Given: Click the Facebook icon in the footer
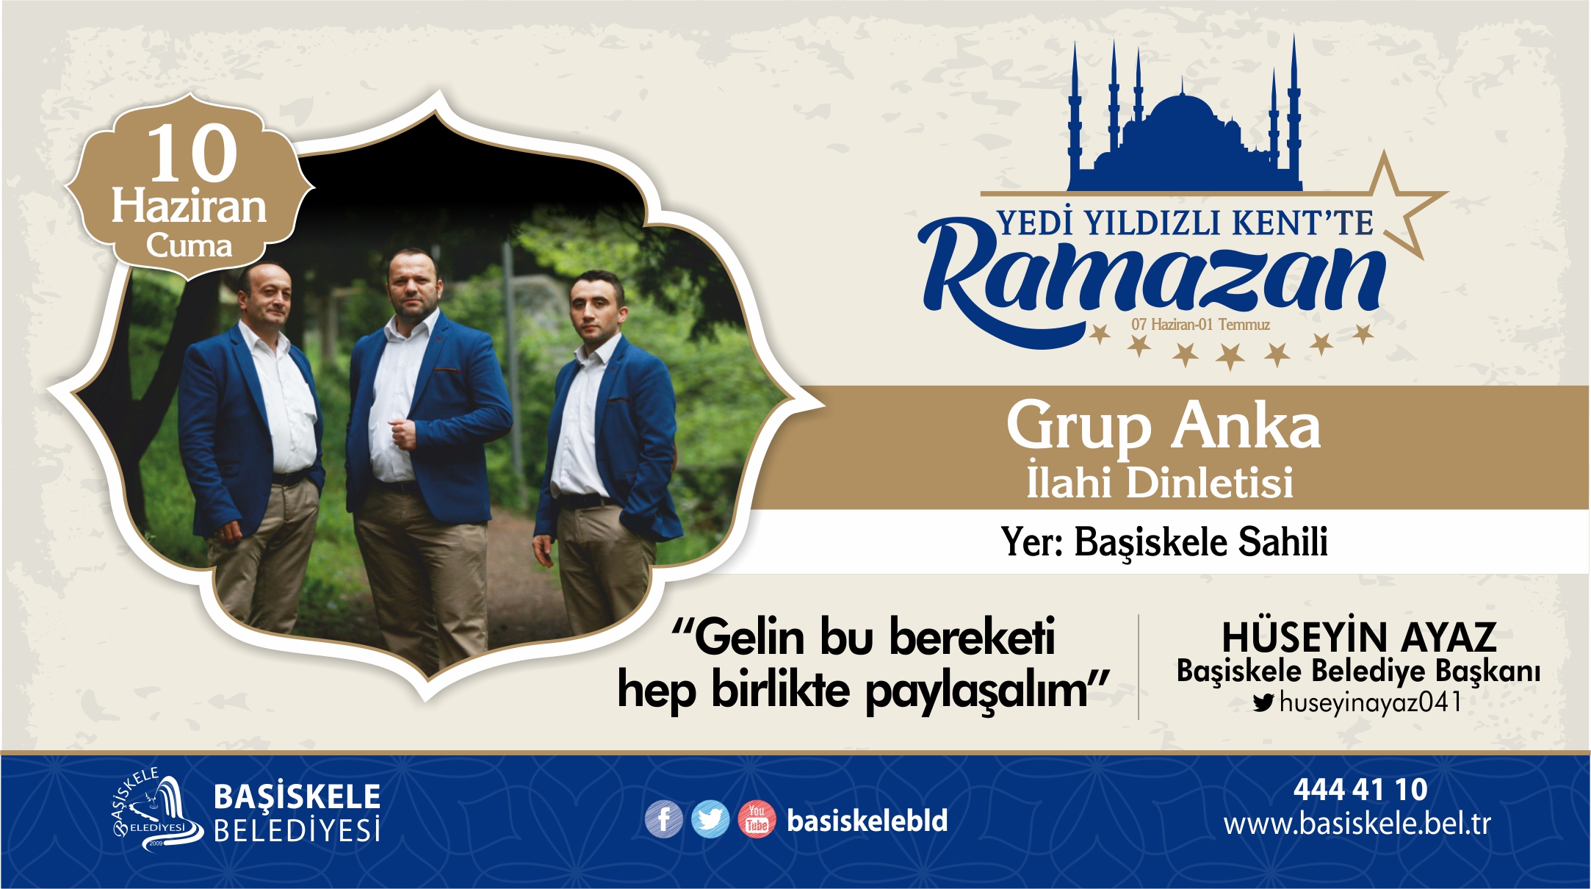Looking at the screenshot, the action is coord(663,818).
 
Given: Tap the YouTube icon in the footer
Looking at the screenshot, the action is coord(757,818).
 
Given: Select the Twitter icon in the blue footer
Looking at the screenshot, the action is coord(710,818).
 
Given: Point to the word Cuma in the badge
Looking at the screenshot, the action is coord(189,245).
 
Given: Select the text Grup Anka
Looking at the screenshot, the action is coord(1164,425).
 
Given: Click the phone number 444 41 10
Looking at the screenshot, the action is coord(1360,790).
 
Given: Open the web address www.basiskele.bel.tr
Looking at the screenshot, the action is coord(1357,824).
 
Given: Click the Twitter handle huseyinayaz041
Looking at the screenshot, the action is coord(1371,702).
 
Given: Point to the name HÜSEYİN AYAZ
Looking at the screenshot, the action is coord(1359,636).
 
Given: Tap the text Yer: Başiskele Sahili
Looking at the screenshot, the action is coord(1164,542).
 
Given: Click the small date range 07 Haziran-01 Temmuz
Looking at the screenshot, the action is coord(1200,324).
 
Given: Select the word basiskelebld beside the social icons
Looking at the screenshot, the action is coord(867,820).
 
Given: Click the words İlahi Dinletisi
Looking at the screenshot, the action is coord(1160,482).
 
